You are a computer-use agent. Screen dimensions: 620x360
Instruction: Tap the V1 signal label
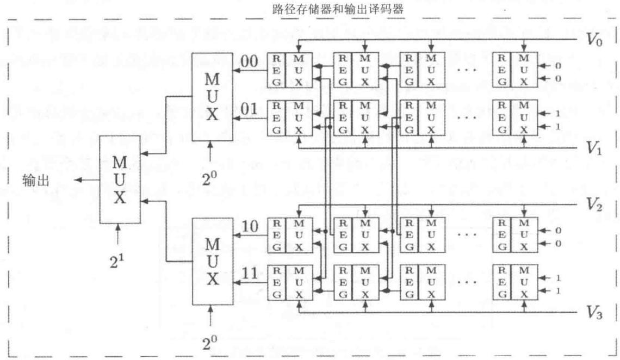coord(593,148)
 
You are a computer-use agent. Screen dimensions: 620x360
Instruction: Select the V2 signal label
coord(594,204)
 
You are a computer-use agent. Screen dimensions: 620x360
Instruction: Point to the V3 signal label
coord(594,313)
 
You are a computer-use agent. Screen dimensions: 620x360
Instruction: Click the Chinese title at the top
coord(338,9)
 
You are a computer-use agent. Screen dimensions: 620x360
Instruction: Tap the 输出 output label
coord(35,180)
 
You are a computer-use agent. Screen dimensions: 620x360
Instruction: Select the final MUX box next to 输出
coord(120,180)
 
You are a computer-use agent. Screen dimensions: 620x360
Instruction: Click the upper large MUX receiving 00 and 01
coord(212,97)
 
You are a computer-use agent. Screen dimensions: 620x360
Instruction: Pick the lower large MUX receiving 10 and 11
coord(213,261)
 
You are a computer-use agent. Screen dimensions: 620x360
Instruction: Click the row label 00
coord(249,61)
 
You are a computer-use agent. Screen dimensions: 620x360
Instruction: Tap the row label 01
coord(249,109)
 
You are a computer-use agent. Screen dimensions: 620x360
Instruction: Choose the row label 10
coord(250,226)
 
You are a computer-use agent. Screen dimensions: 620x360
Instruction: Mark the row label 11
coord(250,274)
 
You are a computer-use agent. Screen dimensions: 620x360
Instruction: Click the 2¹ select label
coord(116,261)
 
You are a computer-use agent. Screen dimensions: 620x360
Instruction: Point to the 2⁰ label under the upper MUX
coord(209,178)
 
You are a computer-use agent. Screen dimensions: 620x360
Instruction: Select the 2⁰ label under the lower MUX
coord(209,342)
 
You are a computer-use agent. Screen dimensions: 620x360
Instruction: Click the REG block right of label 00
coord(276,70)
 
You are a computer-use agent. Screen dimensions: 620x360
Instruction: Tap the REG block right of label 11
coord(277,283)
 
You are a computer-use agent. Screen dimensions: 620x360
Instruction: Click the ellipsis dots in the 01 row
coord(467,117)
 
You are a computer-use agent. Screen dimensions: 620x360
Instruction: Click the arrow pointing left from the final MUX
coord(87,180)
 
